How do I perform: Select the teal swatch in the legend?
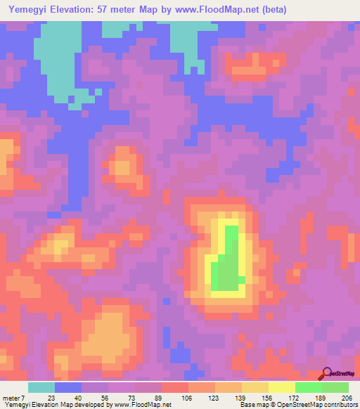coord(41,387)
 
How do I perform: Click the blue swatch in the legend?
coord(68,387)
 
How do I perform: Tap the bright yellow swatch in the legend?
coord(282,387)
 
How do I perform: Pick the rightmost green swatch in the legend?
coord(335,387)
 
